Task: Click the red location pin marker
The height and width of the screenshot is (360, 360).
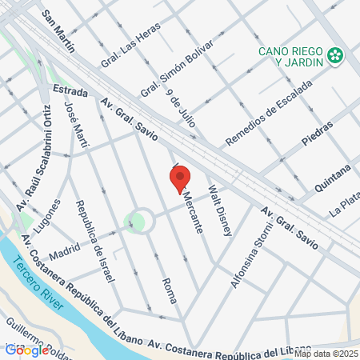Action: point(181,178)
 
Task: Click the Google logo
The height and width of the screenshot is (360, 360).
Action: point(26,350)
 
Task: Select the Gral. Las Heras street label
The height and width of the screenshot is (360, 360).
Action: point(130,46)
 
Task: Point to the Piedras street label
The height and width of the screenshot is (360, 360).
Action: point(318,134)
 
